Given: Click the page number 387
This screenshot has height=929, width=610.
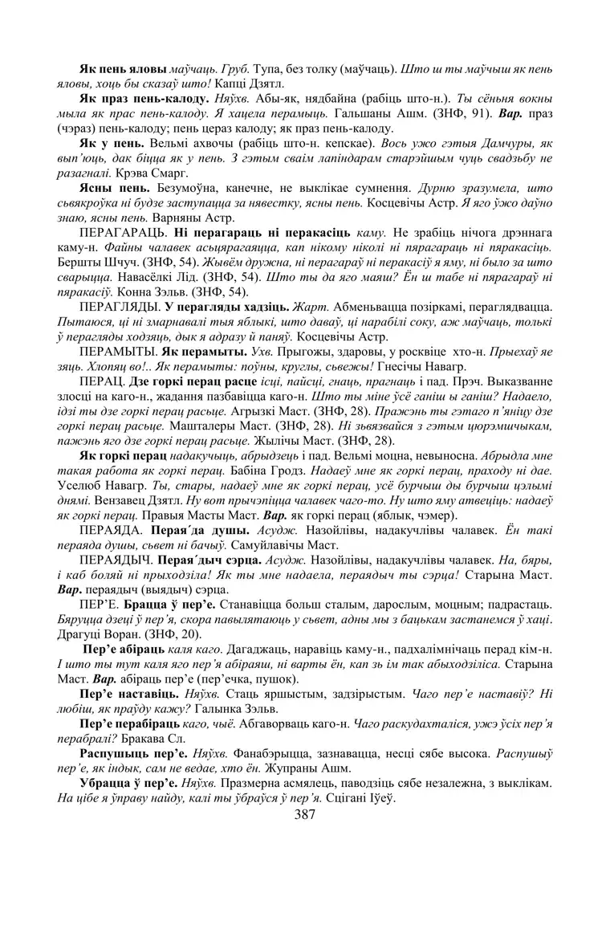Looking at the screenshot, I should (x=305, y=814).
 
